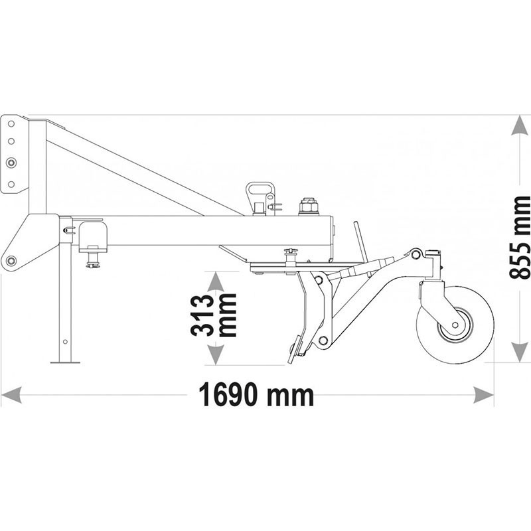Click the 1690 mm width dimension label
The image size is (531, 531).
pos(256,394)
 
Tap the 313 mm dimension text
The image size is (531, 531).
pos(213,315)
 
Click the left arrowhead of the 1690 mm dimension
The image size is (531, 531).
pos(11,395)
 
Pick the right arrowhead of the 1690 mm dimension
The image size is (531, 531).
pos(483,395)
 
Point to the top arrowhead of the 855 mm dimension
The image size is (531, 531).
pos(519,125)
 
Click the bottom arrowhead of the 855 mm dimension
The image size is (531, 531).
pos(519,352)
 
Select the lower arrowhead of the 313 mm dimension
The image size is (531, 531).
pos(216,355)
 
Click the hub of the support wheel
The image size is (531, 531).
pos(455,325)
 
